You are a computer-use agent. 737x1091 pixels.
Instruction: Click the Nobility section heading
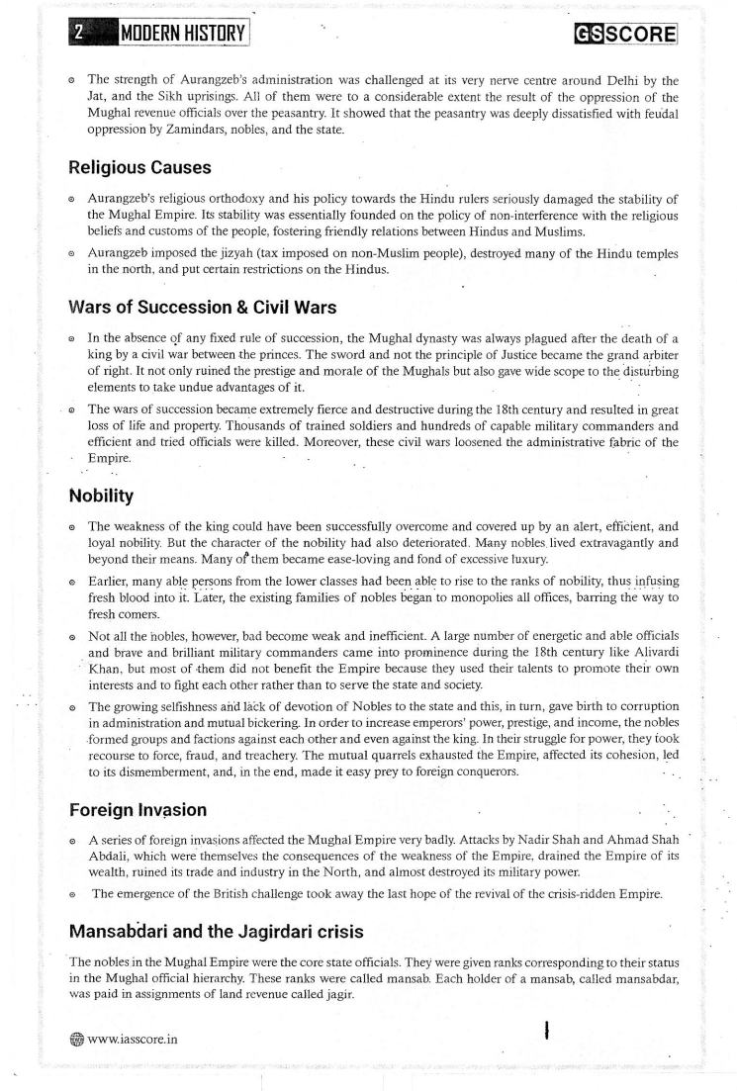[x=103, y=496]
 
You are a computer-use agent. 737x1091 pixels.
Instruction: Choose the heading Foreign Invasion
[x=138, y=810]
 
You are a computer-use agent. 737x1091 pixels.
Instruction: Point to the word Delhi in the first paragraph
[x=610, y=77]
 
